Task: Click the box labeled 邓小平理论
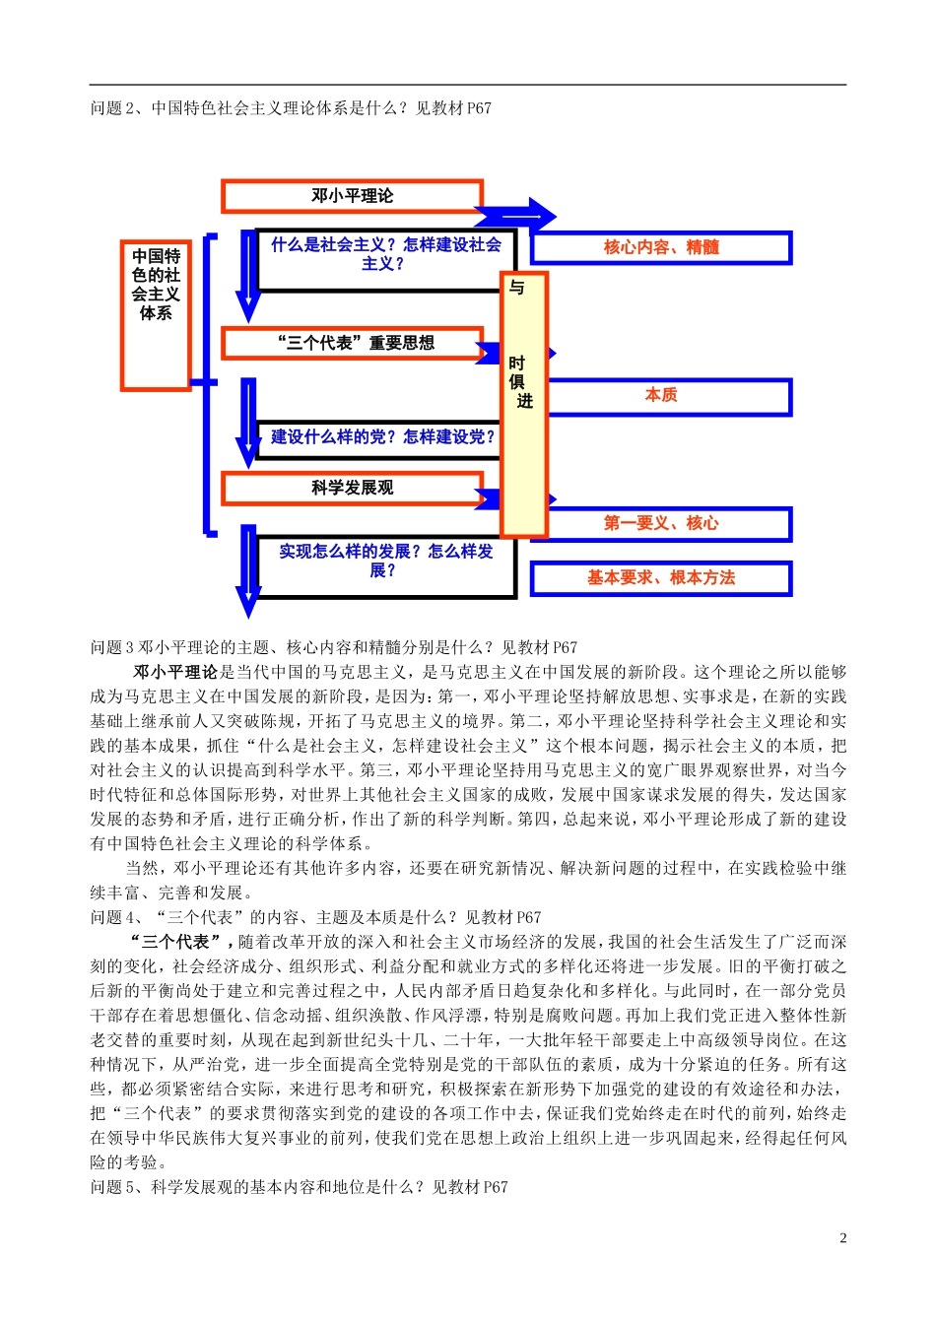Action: [352, 196]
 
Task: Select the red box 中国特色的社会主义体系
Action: [156, 315]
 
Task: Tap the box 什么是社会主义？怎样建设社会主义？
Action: [385, 254]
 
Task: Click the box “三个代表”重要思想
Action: [354, 343]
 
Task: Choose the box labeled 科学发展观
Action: [352, 488]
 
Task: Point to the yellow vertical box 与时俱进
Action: [523, 404]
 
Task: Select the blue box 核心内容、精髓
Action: [661, 247]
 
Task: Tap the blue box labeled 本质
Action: [661, 396]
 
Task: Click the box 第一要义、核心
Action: [661, 523]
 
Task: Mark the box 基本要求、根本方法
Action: [661, 578]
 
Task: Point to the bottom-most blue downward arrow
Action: [248, 571]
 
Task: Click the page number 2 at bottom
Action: [842, 1238]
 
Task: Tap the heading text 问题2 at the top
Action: [291, 108]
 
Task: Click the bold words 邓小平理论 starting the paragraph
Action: [174, 672]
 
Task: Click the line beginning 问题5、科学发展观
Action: [299, 1187]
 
